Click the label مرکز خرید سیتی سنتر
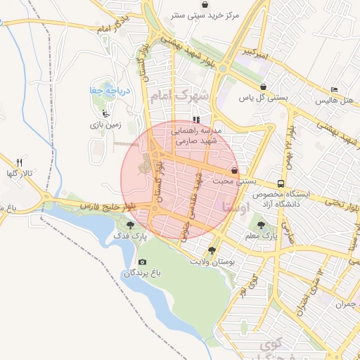click(x=205, y=15)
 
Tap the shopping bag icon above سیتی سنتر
click(x=205, y=4)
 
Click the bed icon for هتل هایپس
click(x=335, y=90)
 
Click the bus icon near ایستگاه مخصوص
click(x=281, y=184)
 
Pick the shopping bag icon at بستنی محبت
click(x=234, y=171)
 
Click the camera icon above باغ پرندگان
click(x=143, y=262)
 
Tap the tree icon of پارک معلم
click(x=262, y=226)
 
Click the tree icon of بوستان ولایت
click(x=212, y=250)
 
